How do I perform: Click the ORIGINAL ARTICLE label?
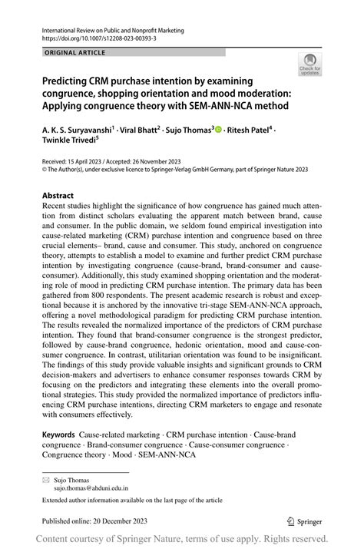(x=75, y=53)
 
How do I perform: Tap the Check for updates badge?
(x=309, y=64)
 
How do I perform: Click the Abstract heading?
(x=59, y=196)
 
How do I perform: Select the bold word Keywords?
(x=60, y=435)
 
